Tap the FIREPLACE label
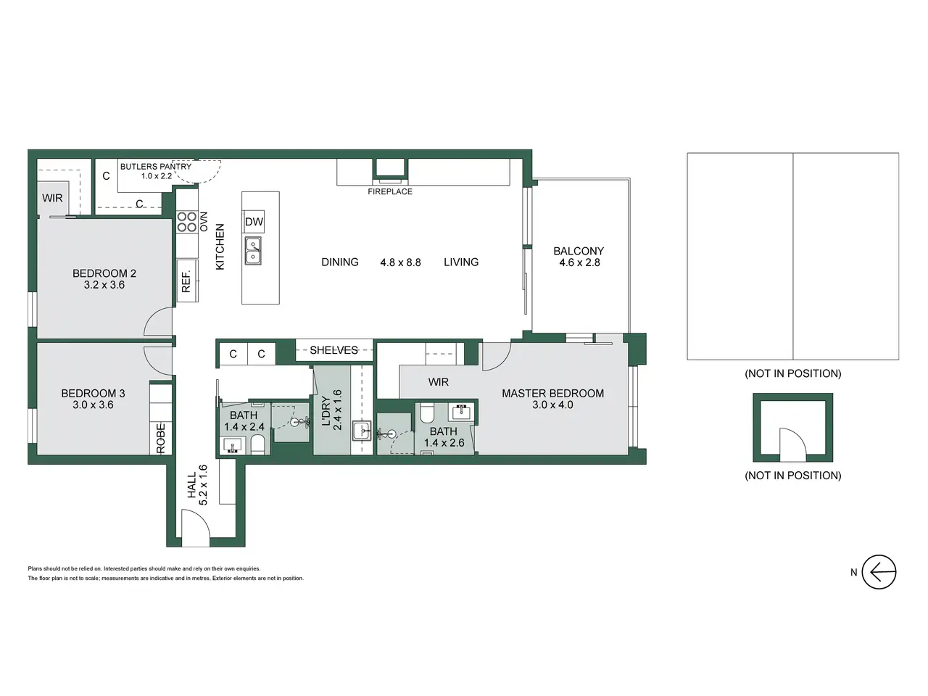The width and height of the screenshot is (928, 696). pos(390,191)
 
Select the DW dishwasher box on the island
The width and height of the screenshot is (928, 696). pos(254,221)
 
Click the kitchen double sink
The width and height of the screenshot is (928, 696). pos(253,251)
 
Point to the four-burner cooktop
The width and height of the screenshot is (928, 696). pos(187,222)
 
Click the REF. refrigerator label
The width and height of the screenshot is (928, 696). pos(186,281)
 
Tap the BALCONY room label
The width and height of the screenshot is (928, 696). pos(579,251)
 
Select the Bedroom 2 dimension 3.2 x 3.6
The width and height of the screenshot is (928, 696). pos(104,285)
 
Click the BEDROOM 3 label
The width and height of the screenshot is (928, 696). pos(93,394)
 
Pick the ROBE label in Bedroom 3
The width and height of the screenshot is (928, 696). pos(161,438)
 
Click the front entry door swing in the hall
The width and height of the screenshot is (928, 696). pos(195,523)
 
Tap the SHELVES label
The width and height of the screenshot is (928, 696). pos(333,350)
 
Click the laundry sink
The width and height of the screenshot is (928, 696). pos(362,431)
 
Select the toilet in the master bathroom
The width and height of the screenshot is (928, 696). pos(426,413)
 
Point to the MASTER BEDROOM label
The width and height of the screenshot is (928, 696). pos(552,394)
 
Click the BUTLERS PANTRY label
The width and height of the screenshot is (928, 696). pos(156,167)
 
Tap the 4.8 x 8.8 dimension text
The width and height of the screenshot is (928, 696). pos(400,262)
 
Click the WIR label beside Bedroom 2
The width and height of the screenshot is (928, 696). pos(52,198)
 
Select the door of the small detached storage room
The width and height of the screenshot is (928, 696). pos(793,444)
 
